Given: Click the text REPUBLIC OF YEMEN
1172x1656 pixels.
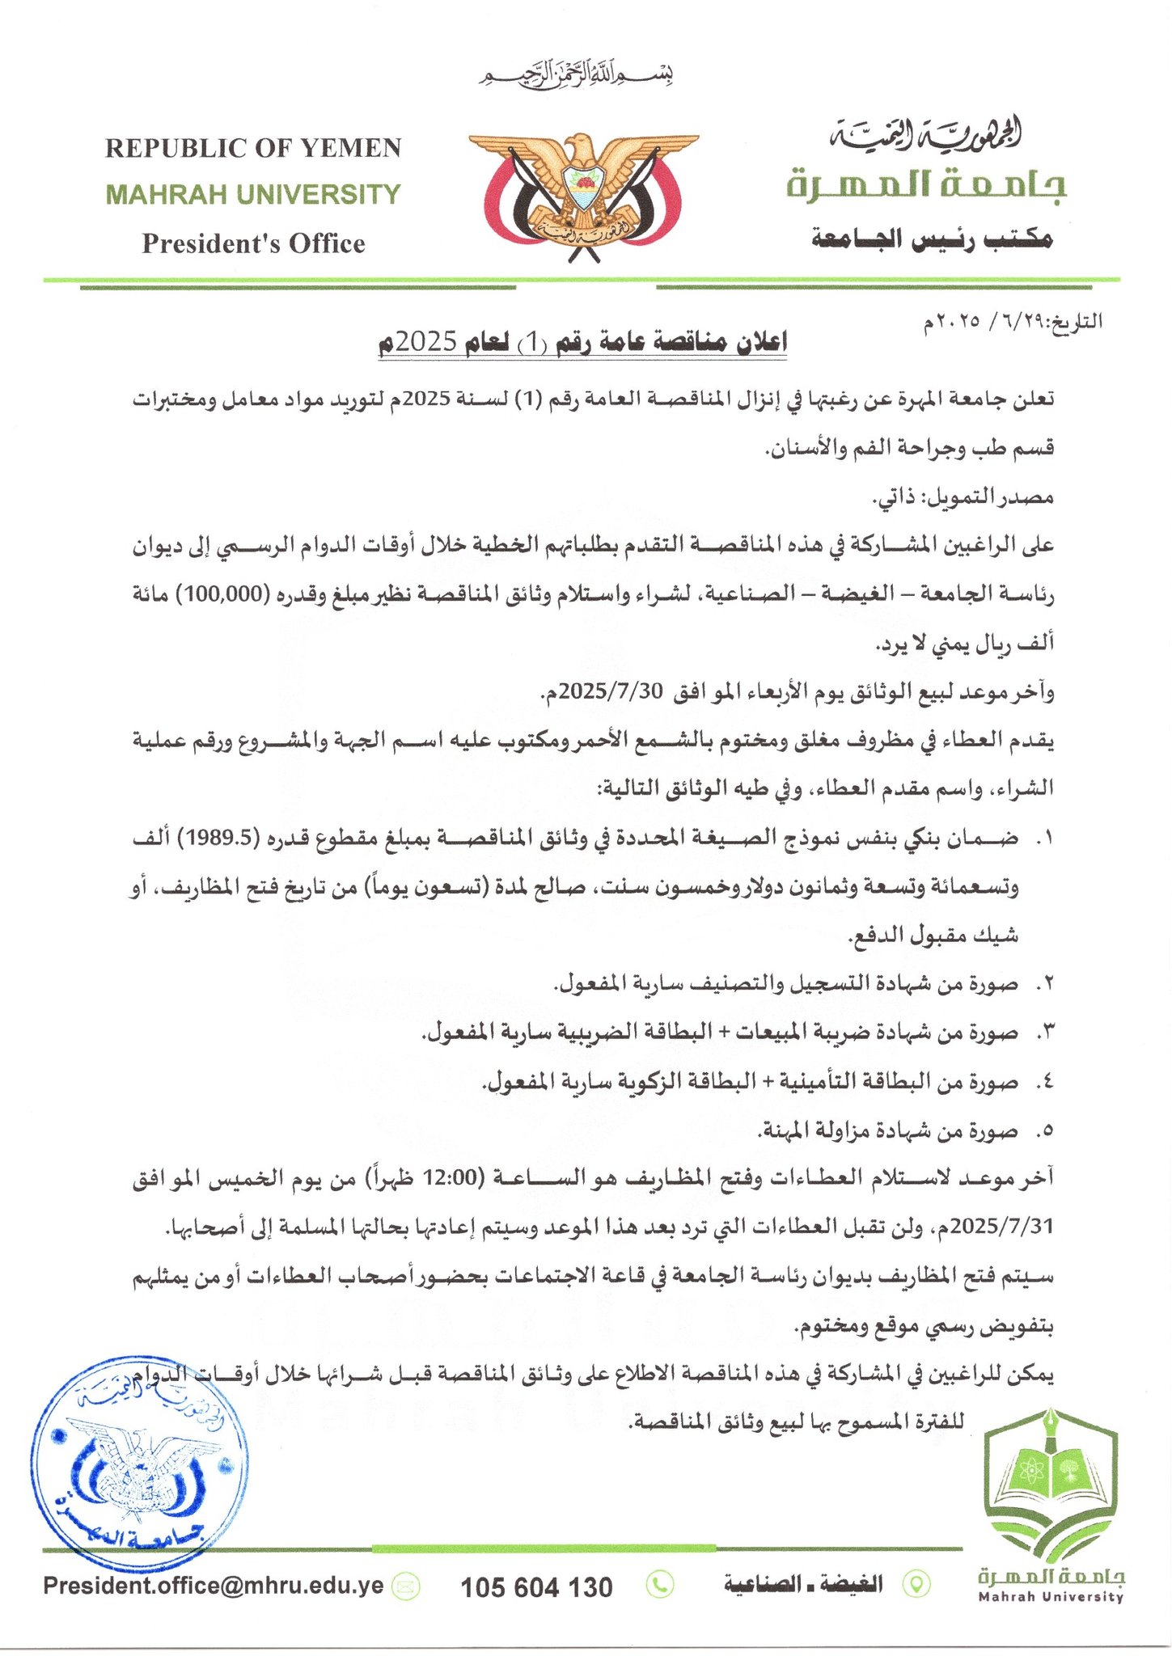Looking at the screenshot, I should pos(253,148).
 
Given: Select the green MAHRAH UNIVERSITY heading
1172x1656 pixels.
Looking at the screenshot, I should pos(253,195).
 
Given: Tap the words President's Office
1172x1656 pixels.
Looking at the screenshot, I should pos(253,243).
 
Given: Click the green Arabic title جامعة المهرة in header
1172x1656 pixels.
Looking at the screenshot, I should pos(927,185).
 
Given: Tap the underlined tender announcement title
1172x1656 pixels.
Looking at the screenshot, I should pos(582,343).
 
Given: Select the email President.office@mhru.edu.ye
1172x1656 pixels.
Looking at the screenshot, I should pos(214,1585).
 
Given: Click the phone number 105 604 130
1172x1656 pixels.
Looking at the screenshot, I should pos(536,1587).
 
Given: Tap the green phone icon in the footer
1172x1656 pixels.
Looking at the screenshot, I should pos(661,1585).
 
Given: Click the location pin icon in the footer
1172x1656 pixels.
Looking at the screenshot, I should pos(916,1585).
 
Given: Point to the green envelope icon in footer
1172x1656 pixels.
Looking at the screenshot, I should pos(406,1586).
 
